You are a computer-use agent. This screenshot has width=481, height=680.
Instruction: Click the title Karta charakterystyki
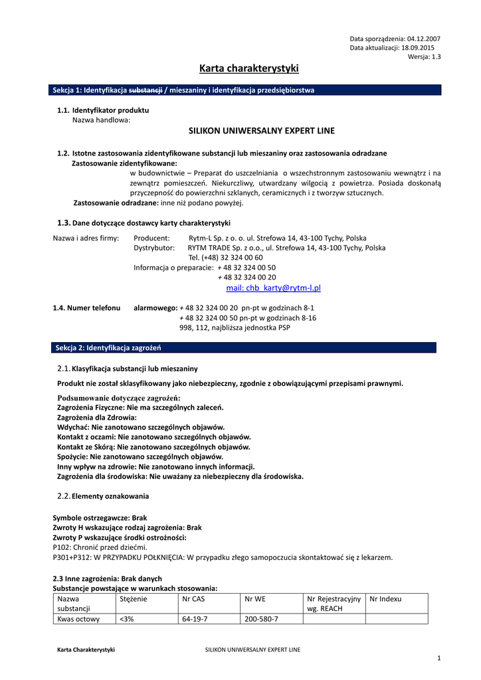[x=249, y=68]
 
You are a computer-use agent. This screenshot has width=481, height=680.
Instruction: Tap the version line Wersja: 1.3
[x=424, y=57]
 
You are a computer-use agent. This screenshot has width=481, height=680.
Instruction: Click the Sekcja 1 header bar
[x=246, y=90]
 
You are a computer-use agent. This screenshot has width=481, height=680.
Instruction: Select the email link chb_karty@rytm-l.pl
[x=274, y=288]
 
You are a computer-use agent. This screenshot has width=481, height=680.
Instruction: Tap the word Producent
[x=151, y=238]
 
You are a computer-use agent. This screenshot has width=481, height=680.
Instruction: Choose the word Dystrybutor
[x=154, y=248]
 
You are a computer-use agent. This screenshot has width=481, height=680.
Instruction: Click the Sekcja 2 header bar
[x=244, y=348]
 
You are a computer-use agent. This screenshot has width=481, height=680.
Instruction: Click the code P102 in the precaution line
[x=62, y=547]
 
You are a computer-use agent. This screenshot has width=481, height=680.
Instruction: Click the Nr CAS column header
[x=193, y=599]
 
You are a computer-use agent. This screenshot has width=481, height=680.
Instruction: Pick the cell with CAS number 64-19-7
[x=195, y=619]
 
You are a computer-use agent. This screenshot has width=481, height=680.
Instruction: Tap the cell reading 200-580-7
[x=261, y=619]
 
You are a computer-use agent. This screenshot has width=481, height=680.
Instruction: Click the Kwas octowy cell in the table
[x=78, y=619]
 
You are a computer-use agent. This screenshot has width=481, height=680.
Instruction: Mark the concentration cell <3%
[x=126, y=619]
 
